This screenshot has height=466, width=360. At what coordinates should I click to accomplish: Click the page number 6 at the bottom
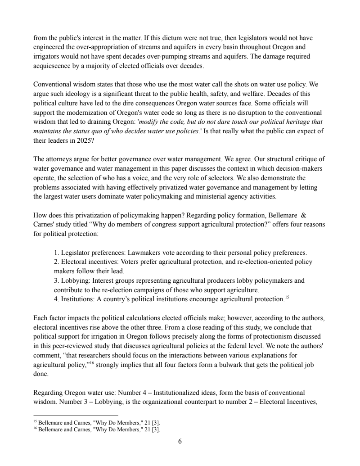coord(180,442)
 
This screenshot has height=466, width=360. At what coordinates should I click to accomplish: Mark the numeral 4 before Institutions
coord(56,298)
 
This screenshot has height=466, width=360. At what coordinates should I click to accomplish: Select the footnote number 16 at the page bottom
coord(36,428)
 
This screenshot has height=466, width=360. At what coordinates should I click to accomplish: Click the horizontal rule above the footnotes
coord(76,416)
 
